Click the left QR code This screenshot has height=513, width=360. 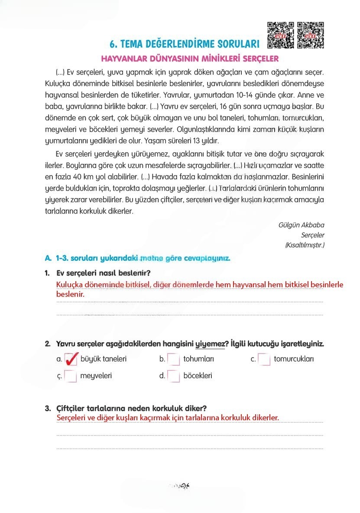tap(281, 35)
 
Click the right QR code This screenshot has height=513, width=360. tap(311, 35)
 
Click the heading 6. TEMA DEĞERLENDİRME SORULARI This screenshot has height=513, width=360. tap(185, 44)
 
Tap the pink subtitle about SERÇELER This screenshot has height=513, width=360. tap(189, 58)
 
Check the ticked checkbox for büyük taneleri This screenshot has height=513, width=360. tap(71, 359)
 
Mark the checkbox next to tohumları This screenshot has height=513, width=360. tap(173, 359)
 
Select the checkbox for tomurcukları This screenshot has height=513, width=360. tap(264, 359)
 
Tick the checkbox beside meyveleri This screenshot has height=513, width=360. tap(71, 376)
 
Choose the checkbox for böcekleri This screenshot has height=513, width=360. tap(173, 376)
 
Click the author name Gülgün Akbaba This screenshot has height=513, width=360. tap(302, 225)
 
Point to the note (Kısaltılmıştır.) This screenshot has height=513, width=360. tap(305, 245)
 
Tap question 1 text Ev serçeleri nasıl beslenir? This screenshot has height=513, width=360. tap(103, 273)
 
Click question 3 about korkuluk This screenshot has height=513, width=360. tap(131, 408)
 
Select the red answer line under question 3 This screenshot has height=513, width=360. tap(168, 418)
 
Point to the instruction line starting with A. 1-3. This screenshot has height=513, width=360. tap(137, 258)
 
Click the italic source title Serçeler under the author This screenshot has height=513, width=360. tap(312, 235)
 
